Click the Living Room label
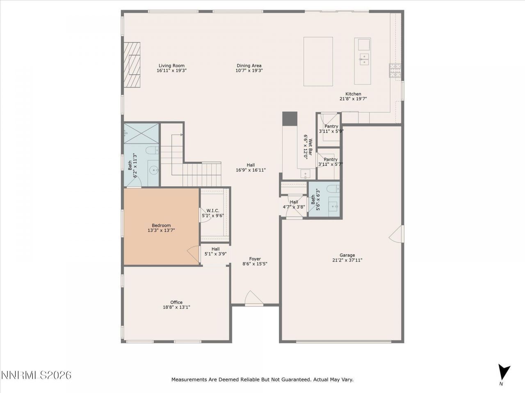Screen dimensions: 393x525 (171, 65)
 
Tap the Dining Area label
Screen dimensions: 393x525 (249, 65)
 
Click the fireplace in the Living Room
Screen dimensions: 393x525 (132, 65)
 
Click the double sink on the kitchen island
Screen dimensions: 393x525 (364, 59)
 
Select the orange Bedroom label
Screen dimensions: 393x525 (161, 225)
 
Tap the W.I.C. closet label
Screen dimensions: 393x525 (212, 210)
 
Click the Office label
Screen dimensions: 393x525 (176, 302)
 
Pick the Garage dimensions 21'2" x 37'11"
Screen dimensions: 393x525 (347, 260)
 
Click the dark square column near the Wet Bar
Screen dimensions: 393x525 (290, 119)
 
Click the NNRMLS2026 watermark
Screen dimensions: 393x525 (37, 375)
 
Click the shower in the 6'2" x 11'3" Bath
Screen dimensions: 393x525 (141, 133)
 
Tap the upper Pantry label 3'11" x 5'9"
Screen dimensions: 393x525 (331, 126)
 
